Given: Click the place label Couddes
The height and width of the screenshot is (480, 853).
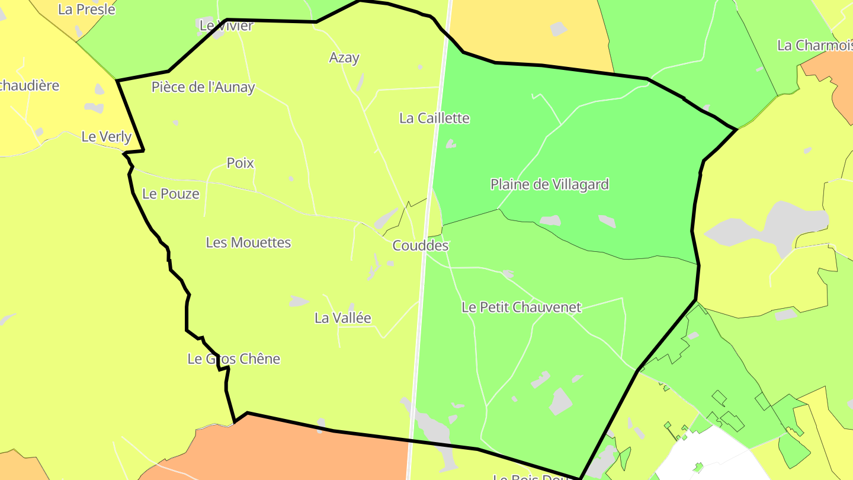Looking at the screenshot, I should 421,245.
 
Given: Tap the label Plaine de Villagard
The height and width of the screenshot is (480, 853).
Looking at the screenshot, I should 549,184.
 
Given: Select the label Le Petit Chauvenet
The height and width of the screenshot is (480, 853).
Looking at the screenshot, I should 521,308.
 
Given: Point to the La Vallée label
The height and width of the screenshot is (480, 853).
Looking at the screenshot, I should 342,318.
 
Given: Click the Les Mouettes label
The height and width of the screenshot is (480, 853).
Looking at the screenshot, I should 248,242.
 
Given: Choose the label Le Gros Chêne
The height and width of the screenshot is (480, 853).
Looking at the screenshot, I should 233,359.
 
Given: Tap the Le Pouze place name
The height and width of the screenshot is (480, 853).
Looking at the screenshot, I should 171,194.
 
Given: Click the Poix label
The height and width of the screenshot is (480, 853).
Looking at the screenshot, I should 240,163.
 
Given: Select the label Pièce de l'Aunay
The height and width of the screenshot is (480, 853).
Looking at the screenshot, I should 203,88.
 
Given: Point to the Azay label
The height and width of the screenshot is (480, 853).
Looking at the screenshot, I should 344,57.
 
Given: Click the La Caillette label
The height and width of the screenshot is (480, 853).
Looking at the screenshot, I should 434,119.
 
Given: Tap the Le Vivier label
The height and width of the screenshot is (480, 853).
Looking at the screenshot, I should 226,25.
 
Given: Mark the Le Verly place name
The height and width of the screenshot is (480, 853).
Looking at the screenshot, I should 106,137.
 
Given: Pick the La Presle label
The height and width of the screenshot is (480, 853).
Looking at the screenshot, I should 86,9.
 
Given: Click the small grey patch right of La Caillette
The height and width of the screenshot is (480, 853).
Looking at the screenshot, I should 451,143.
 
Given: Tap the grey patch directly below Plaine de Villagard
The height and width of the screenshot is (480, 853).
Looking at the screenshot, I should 550,220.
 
